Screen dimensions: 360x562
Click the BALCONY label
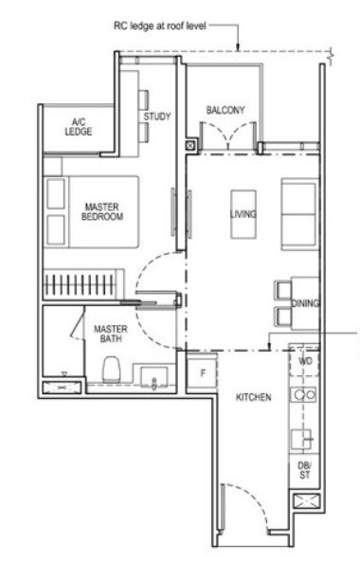225,110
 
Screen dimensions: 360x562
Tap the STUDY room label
157,117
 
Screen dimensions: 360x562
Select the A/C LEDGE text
79,127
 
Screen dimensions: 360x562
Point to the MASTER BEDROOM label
102,211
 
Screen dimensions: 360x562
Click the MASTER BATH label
111,334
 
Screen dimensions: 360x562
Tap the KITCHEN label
253,397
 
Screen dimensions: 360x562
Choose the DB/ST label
304,470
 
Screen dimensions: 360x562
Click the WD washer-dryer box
304,361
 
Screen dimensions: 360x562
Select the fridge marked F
202,372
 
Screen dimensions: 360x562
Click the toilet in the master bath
111,369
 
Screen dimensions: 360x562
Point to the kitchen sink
300,440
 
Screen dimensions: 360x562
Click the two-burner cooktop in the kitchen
303,395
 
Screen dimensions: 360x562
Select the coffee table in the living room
243,214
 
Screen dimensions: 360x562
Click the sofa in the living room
300,214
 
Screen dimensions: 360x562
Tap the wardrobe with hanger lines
83,284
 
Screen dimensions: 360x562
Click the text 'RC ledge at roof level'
160,26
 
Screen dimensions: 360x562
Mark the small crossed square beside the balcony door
190,146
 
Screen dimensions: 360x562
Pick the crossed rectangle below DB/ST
306,500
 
